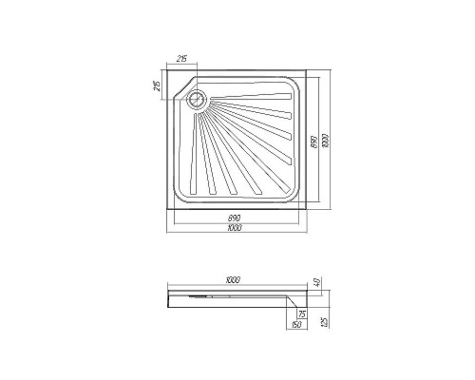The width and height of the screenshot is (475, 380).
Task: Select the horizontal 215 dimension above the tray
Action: coord(181,60)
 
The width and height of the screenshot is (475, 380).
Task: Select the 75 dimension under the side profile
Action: coord(302,314)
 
